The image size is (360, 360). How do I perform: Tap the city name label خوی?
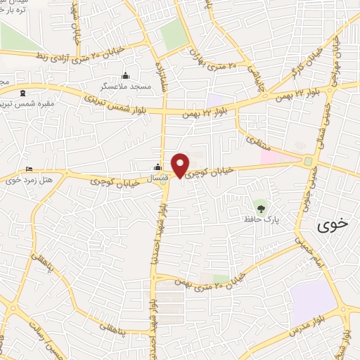333,226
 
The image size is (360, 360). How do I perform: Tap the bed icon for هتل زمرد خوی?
28,169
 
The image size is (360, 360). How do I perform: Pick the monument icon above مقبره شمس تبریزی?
23,93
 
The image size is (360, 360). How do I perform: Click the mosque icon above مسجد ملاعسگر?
126,76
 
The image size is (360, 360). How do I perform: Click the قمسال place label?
157,178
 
